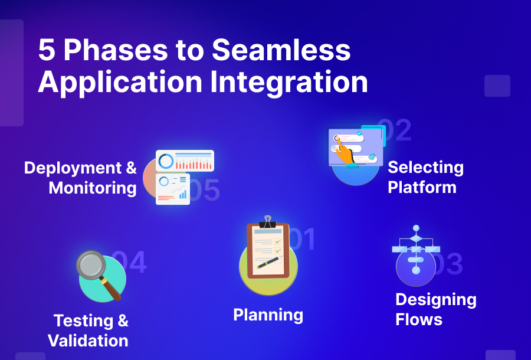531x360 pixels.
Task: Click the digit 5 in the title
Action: (x=47, y=51)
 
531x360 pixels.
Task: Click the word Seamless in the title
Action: (x=281, y=51)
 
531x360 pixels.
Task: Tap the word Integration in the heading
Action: (x=289, y=82)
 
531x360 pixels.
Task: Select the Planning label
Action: (x=268, y=315)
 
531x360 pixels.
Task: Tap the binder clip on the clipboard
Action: (x=268, y=222)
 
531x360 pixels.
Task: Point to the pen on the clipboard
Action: (x=268, y=261)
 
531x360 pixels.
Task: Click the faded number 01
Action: (x=302, y=240)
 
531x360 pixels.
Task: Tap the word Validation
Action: (x=88, y=341)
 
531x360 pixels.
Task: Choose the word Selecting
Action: (x=425, y=168)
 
